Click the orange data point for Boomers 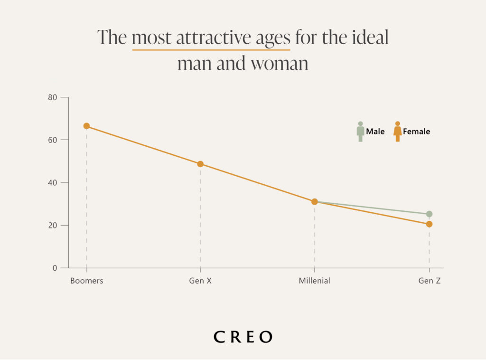click(86, 126)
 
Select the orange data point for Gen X click(200, 164)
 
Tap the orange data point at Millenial click(314, 201)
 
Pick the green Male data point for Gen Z click(429, 214)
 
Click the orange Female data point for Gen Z click(429, 224)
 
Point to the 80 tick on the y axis click(52, 97)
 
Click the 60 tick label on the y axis click(52, 140)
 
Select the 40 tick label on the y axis click(52, 182)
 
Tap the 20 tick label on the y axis click(52, 225)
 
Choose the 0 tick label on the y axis click(54, 268)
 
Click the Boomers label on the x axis click(86, 281)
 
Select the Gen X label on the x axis click(200, 281)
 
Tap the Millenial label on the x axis click(314, 281)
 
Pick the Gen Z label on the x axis click(429, 281)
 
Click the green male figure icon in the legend click(360, 132)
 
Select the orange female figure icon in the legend click(397, 132)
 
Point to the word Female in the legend click(416, 132)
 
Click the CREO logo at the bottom click(243, 337)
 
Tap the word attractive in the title click(212, 38)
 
